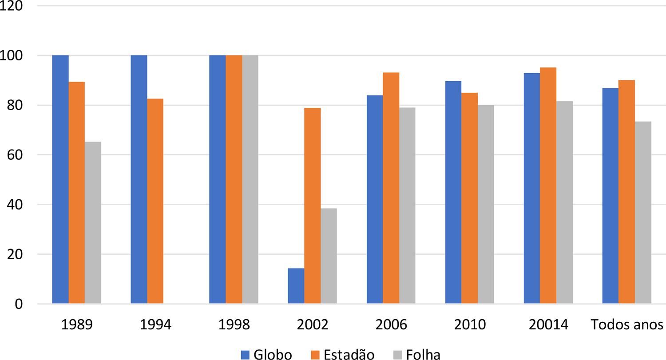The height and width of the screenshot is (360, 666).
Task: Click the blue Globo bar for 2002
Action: coord(296,286)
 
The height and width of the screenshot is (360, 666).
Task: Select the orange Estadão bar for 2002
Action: coord(312,206)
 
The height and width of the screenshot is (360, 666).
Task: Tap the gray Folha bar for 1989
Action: coord(93,223)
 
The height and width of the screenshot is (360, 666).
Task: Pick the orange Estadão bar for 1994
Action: coord(155,201)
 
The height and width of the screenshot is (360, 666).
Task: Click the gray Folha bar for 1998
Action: coord(250,179)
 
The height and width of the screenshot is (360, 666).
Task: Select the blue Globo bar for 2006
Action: coord(375,199)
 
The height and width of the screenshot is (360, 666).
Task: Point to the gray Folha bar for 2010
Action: coord(486,204)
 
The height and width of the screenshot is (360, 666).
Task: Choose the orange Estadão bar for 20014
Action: coord(548,186)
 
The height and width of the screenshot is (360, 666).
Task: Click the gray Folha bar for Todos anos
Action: coord(643,213)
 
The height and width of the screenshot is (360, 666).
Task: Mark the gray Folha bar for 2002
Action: coord(329,256)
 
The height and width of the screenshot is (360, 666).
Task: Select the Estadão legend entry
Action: coord(342,354)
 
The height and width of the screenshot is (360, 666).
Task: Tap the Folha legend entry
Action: coord(417,354)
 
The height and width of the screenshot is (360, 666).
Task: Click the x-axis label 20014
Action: coord(548,324)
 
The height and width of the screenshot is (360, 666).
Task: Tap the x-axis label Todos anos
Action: coord(627,324)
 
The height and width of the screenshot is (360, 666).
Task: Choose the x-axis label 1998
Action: coord(234,324)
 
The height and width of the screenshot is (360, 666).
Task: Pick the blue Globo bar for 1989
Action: coord(60,179)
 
